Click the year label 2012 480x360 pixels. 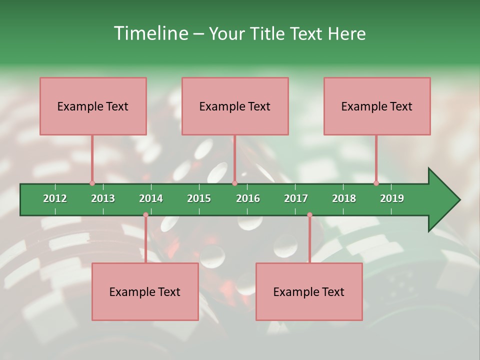(55, 198)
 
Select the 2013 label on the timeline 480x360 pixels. (103, 198)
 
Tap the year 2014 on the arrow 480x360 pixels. (151, 198)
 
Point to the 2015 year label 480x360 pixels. (199, 198)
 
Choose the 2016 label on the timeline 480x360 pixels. (248, 198)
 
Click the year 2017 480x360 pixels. (296, 198)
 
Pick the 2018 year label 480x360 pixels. (344, 198)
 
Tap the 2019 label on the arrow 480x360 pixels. (392, 198)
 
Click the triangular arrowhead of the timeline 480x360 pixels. (442, 200)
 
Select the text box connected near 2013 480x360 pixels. (93, 106)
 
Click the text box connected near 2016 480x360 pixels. (235, 106)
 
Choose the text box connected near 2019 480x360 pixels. (377, 106)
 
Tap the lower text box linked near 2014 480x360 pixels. (145, 291)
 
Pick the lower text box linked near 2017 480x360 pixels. (309, 291)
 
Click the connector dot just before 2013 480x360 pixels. (92, 183)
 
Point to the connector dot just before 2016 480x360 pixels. (234, 183)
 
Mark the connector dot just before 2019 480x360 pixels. (376, 183)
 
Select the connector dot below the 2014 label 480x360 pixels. (145, 215)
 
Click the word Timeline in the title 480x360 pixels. (151, 33)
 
